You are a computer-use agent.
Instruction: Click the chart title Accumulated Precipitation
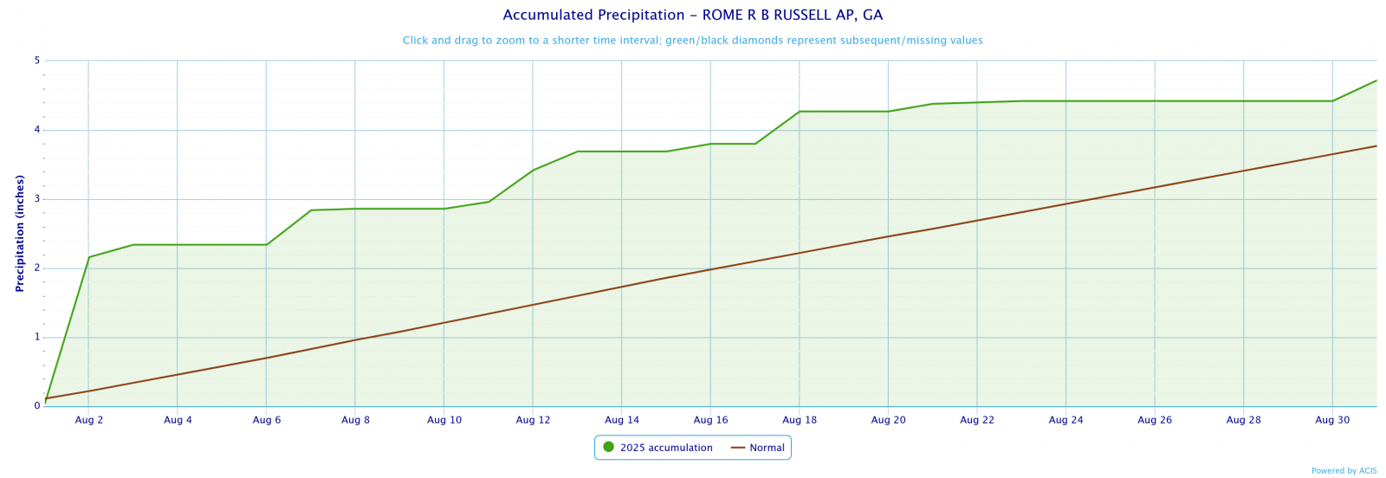pos(692,16)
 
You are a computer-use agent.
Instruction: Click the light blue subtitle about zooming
pos(692,41)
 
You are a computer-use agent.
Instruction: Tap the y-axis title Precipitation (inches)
pos(20,233)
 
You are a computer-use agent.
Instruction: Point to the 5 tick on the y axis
pos(37,61)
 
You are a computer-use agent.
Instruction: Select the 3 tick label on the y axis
pos(37,199)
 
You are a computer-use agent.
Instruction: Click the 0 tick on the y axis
pos(37,405)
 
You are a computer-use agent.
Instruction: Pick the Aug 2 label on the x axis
pos(89,420)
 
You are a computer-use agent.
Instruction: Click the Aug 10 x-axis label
pos(444,420)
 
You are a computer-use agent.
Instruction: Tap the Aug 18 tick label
pos(799,420)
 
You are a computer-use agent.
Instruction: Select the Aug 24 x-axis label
pos(1065,420)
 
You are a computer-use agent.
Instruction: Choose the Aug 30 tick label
pos(1331,420)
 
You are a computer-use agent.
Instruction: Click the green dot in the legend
pos(608,448)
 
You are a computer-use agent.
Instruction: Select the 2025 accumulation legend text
pos(666,448)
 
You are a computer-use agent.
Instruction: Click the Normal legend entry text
pos(767,448)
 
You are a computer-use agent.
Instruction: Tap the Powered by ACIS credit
pos(1344,471)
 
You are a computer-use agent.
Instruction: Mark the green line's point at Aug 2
pos(89,257)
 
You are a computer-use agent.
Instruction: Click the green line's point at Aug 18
pos(799,112)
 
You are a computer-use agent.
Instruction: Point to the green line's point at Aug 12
pos(533,170)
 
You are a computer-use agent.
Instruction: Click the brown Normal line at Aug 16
pos(710,269)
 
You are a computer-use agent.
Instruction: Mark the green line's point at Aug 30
pos(1331,101)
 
